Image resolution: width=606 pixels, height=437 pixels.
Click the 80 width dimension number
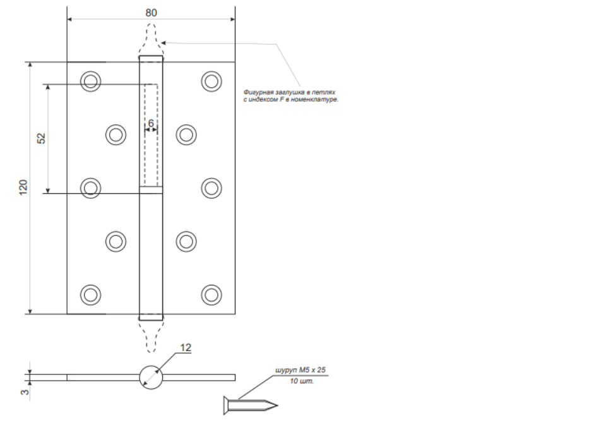tap(151, 13)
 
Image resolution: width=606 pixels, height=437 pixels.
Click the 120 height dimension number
tap(23, 187)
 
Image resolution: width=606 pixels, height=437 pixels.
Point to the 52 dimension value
tap(41, 138)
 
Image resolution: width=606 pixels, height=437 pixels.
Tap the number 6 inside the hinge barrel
tap(151, 123)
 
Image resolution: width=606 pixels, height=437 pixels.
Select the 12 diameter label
tap(186, 348)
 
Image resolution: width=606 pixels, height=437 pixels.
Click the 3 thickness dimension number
tap(25, 392)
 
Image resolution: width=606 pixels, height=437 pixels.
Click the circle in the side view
tap(151, 366)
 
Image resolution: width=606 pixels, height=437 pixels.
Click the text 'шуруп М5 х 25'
tap(300, 370)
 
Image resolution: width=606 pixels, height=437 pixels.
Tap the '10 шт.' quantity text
tap(302, 381)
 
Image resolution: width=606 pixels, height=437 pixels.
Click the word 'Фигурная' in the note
tap(258, 92)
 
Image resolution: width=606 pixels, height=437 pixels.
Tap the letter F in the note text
tap(282, 99)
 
